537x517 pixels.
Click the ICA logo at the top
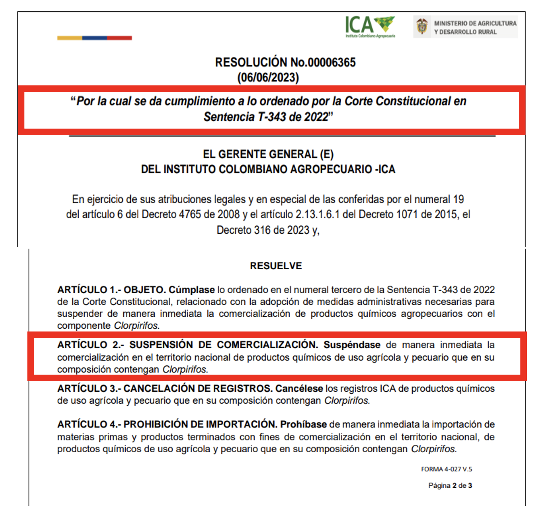click(x=370, y=26)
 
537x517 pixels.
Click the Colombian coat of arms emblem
click(x=422, y=27)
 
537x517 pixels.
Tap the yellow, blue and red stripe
click(x=94, y=38)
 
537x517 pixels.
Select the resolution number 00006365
click(x=331, y=62)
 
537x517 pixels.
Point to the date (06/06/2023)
click(x=268, y=77)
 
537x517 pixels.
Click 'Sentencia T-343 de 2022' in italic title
click(x=266, y=117)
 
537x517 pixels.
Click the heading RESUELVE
click(x=276, y=266)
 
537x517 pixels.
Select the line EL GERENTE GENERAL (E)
click(x=268, y=154)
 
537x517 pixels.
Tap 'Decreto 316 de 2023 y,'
click(x=268, y=230)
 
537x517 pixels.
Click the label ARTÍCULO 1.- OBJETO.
click(x=111, y=290)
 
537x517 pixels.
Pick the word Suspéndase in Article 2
click(x=352, y=345)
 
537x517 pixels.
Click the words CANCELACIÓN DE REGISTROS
click(x=198, y=389)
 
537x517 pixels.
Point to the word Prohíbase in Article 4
click(x=303, y=425)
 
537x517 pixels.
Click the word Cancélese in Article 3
click(x=299, y=389)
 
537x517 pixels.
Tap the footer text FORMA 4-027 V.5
click(x=446, y=469)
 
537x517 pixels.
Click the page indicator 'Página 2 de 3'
click(x=450, y=485)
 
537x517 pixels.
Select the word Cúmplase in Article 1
click(x=191, y=290)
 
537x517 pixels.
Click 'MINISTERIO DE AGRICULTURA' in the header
click(x=475, y=23)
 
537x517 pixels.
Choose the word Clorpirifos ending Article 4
click(x=433, y=449)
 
